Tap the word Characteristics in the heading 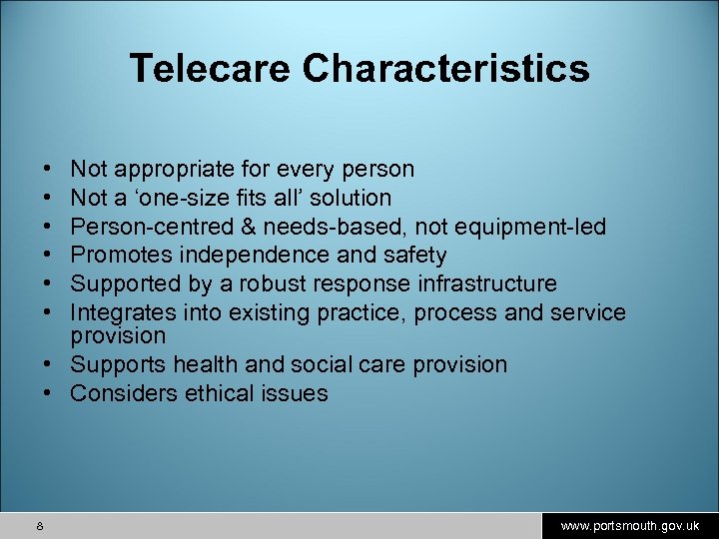[x=446, y=68]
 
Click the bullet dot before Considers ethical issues [x=47, y=393]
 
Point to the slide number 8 [x=38, y=525]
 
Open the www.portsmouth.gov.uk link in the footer [x=629, y=525]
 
